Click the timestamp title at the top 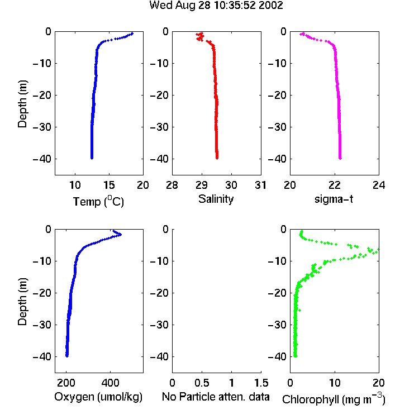216,6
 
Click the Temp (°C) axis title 98,201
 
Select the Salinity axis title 216,199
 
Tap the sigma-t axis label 334,199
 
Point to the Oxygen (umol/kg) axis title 98,397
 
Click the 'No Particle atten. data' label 216,397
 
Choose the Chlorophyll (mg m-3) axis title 334,399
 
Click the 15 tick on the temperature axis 109,185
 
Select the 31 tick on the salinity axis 260,185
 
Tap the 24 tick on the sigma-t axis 379,185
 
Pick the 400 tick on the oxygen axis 110,383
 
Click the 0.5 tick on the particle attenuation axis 202,383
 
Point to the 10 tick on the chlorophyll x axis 335,383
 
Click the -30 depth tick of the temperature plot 42,127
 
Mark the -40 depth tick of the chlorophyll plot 277,356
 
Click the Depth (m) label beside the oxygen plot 22,302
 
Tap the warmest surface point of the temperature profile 132,34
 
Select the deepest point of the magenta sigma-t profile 340,158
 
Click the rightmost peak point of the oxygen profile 121,235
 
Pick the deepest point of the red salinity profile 217,158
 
